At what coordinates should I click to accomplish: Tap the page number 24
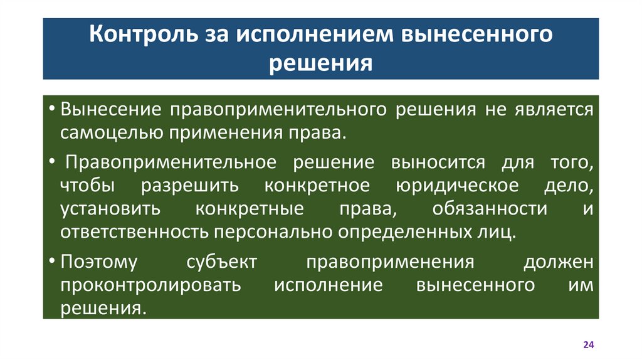click(589, 346)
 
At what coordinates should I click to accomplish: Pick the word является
click(552, 110)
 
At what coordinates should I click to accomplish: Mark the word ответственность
click(134, 231)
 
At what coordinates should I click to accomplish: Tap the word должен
click(558, 262)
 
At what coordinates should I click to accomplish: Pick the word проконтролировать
click(150, 285)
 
